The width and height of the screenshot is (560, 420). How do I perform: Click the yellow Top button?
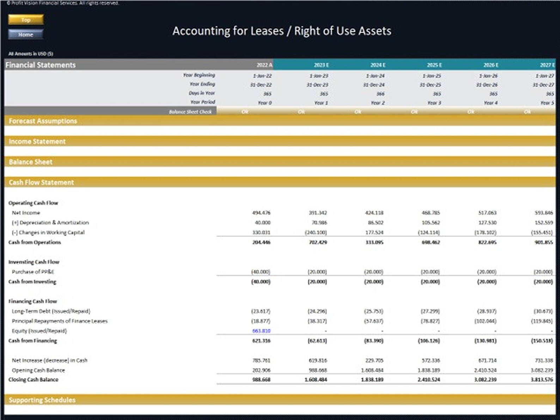26,20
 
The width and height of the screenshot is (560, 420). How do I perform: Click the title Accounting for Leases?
281,31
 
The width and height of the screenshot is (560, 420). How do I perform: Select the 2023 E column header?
321,65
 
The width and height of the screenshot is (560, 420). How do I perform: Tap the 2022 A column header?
264,65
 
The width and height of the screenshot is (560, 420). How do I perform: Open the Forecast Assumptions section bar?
43,121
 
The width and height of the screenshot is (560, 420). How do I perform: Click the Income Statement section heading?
37,141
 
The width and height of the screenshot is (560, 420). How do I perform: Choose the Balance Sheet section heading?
31,162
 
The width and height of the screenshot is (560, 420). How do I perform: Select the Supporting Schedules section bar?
42,400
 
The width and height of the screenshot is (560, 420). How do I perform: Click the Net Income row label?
26,213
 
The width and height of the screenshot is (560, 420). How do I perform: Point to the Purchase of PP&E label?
33,272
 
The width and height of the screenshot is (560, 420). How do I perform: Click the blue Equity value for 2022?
261,331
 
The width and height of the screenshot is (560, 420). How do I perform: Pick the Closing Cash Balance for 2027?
542,380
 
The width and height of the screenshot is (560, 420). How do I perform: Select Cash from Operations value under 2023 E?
318,242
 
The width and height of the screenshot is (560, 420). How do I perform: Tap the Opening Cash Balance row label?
38,370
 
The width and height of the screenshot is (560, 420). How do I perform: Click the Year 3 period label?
434,103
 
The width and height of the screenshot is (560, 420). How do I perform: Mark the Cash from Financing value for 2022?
261,341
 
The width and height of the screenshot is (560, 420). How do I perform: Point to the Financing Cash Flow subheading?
32,301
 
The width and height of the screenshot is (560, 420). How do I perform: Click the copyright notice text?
63,3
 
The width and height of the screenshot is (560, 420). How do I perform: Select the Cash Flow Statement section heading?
41,182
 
